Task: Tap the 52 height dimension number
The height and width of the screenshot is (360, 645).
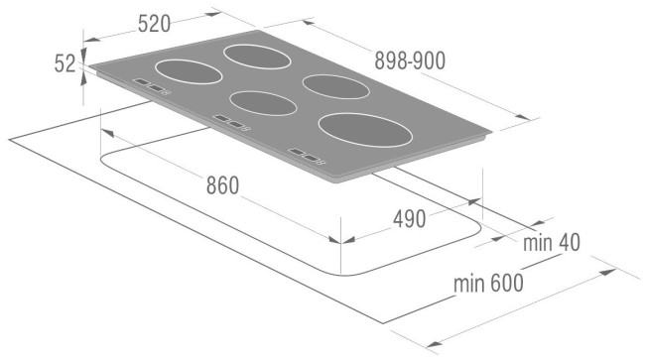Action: pyautogui.click(x=65, y=62)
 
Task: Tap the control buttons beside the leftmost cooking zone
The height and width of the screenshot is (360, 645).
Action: pyautogui.click(x=152, y=88)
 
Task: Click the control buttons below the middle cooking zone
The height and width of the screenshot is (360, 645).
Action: pyautogui.click(x=230, y=123)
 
